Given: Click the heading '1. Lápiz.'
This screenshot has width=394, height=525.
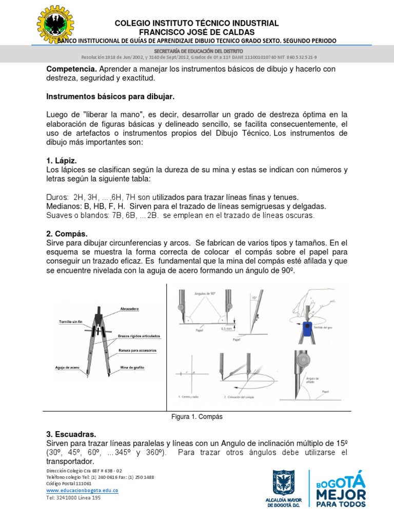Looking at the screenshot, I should pyautogui.click(x=62, y=160).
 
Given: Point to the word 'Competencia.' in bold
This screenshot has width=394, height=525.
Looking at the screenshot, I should pyautogui.click(x=71, y=69).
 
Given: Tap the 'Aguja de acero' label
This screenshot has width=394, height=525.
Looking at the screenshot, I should pyautogui.click(x=67, y=368).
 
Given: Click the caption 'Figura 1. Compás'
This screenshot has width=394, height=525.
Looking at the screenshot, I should pyautogui.click(x=196, y=417).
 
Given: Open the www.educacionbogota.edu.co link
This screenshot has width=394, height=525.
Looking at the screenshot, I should pyautogui.click(x=82, y=490).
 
